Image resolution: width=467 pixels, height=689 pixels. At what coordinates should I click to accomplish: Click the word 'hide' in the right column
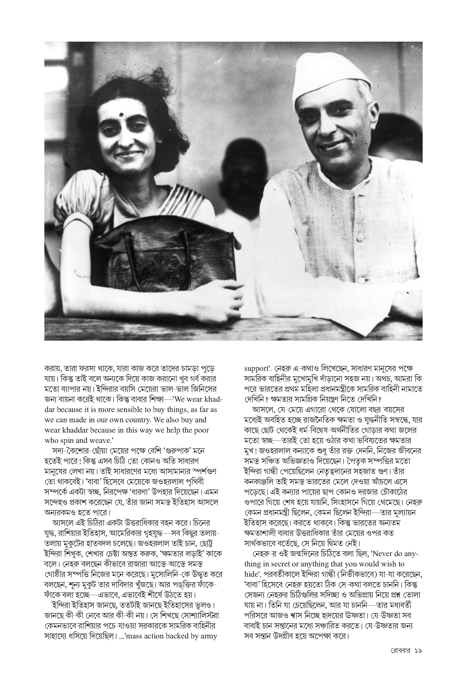pyautogui.click(x=250, y=574)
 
